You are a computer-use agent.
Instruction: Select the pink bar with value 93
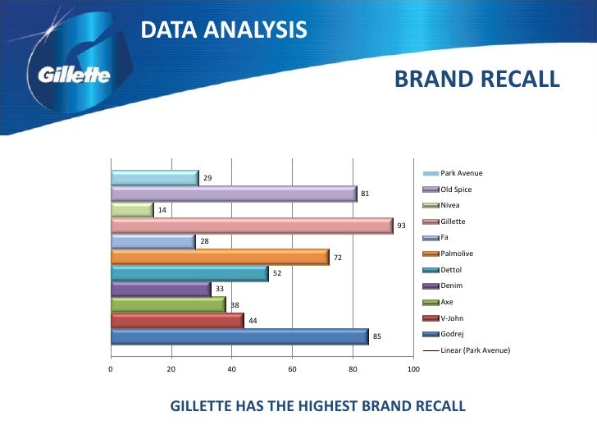(251, 226)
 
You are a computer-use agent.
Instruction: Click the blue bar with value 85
(239, 336)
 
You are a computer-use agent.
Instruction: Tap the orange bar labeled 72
(219, 258)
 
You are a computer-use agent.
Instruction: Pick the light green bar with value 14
(131, 209)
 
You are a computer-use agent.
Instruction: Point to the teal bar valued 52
(189, 273)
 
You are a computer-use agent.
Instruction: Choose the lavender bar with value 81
(233, 194)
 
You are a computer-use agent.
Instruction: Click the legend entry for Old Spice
(455, 190)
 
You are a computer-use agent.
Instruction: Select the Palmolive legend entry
(456, 254)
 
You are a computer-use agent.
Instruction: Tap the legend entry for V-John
(453, 318)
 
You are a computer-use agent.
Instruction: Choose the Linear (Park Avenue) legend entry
(474, 350)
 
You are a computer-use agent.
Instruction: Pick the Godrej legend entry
(453, 334)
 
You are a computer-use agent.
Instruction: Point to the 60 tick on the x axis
(292, 371)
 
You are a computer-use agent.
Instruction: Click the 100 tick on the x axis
(413, 371)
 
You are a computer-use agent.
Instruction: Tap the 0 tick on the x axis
(111, 371)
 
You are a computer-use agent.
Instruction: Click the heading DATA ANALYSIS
(224, 30)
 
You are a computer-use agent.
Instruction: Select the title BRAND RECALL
(476, 79)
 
